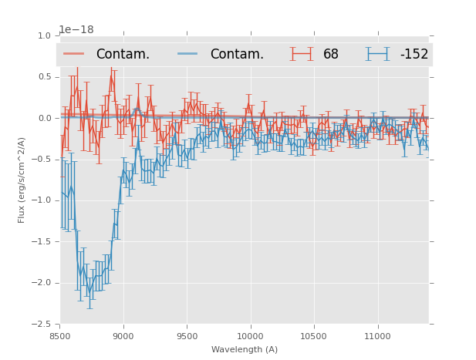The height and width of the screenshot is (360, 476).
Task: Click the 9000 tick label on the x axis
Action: click(123, 336)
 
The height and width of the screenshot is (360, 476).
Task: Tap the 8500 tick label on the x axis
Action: click(60, 336)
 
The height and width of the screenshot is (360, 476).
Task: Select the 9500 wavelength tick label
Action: click(187, 336)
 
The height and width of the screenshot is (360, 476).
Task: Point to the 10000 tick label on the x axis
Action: click(250, 336)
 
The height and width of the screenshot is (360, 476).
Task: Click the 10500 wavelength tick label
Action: click(313, 336)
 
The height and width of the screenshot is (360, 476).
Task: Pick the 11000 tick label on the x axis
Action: click(376, 336)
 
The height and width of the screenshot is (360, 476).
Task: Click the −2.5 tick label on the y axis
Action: click(43, 324)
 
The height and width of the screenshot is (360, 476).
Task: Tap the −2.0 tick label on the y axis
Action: click(43, 283)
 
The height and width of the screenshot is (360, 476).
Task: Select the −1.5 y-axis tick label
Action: click(43, 241)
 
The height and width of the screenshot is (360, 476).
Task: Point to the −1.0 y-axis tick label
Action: click(43, 200)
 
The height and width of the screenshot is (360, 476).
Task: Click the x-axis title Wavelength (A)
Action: click(245, 349)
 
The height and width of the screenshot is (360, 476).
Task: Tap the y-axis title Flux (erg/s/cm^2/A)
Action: click(22, 180)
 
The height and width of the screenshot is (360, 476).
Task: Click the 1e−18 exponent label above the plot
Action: click(76, 30)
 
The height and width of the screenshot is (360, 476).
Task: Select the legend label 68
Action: click(331, 54)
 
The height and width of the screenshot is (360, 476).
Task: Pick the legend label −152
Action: click(414, 54)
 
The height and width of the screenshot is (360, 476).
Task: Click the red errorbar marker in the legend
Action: click(302, 54)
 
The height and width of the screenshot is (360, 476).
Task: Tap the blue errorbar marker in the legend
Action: click(378, 54)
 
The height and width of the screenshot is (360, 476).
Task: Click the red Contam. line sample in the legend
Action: click(74, 54)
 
